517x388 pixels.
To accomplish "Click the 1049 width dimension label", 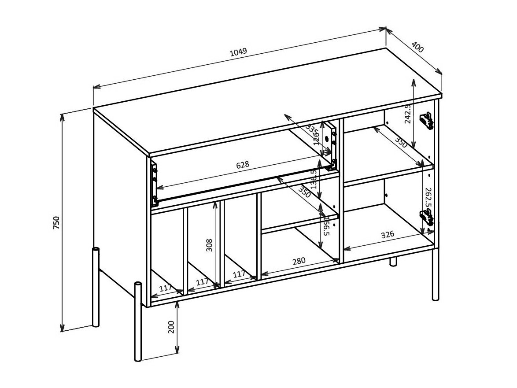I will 238,52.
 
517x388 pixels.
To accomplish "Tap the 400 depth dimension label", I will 417,47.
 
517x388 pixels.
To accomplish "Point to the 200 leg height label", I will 171,327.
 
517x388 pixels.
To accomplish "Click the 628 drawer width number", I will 243,165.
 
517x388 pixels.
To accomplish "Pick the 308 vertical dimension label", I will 209,245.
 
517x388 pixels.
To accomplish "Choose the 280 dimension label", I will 299,261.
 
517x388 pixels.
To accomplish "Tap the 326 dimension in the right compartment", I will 388,234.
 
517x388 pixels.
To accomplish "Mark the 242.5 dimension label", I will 408,114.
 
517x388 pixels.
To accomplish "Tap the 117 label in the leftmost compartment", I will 165,288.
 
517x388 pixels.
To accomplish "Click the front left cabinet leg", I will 138,321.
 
